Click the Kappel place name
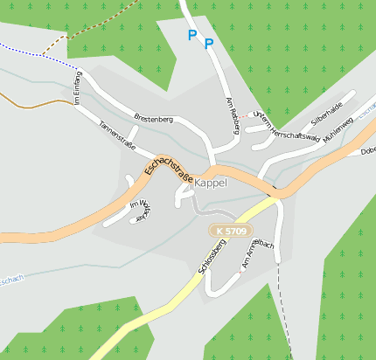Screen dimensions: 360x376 click(x=211, y=183)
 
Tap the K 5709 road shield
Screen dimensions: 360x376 click(x=233, y=231)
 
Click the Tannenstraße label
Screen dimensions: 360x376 click(x=117, y=135)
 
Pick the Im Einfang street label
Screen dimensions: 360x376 click(x=76, y=90)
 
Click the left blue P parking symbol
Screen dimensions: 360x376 click(x=192, y=36)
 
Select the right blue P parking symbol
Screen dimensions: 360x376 click(x=209, y=43)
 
